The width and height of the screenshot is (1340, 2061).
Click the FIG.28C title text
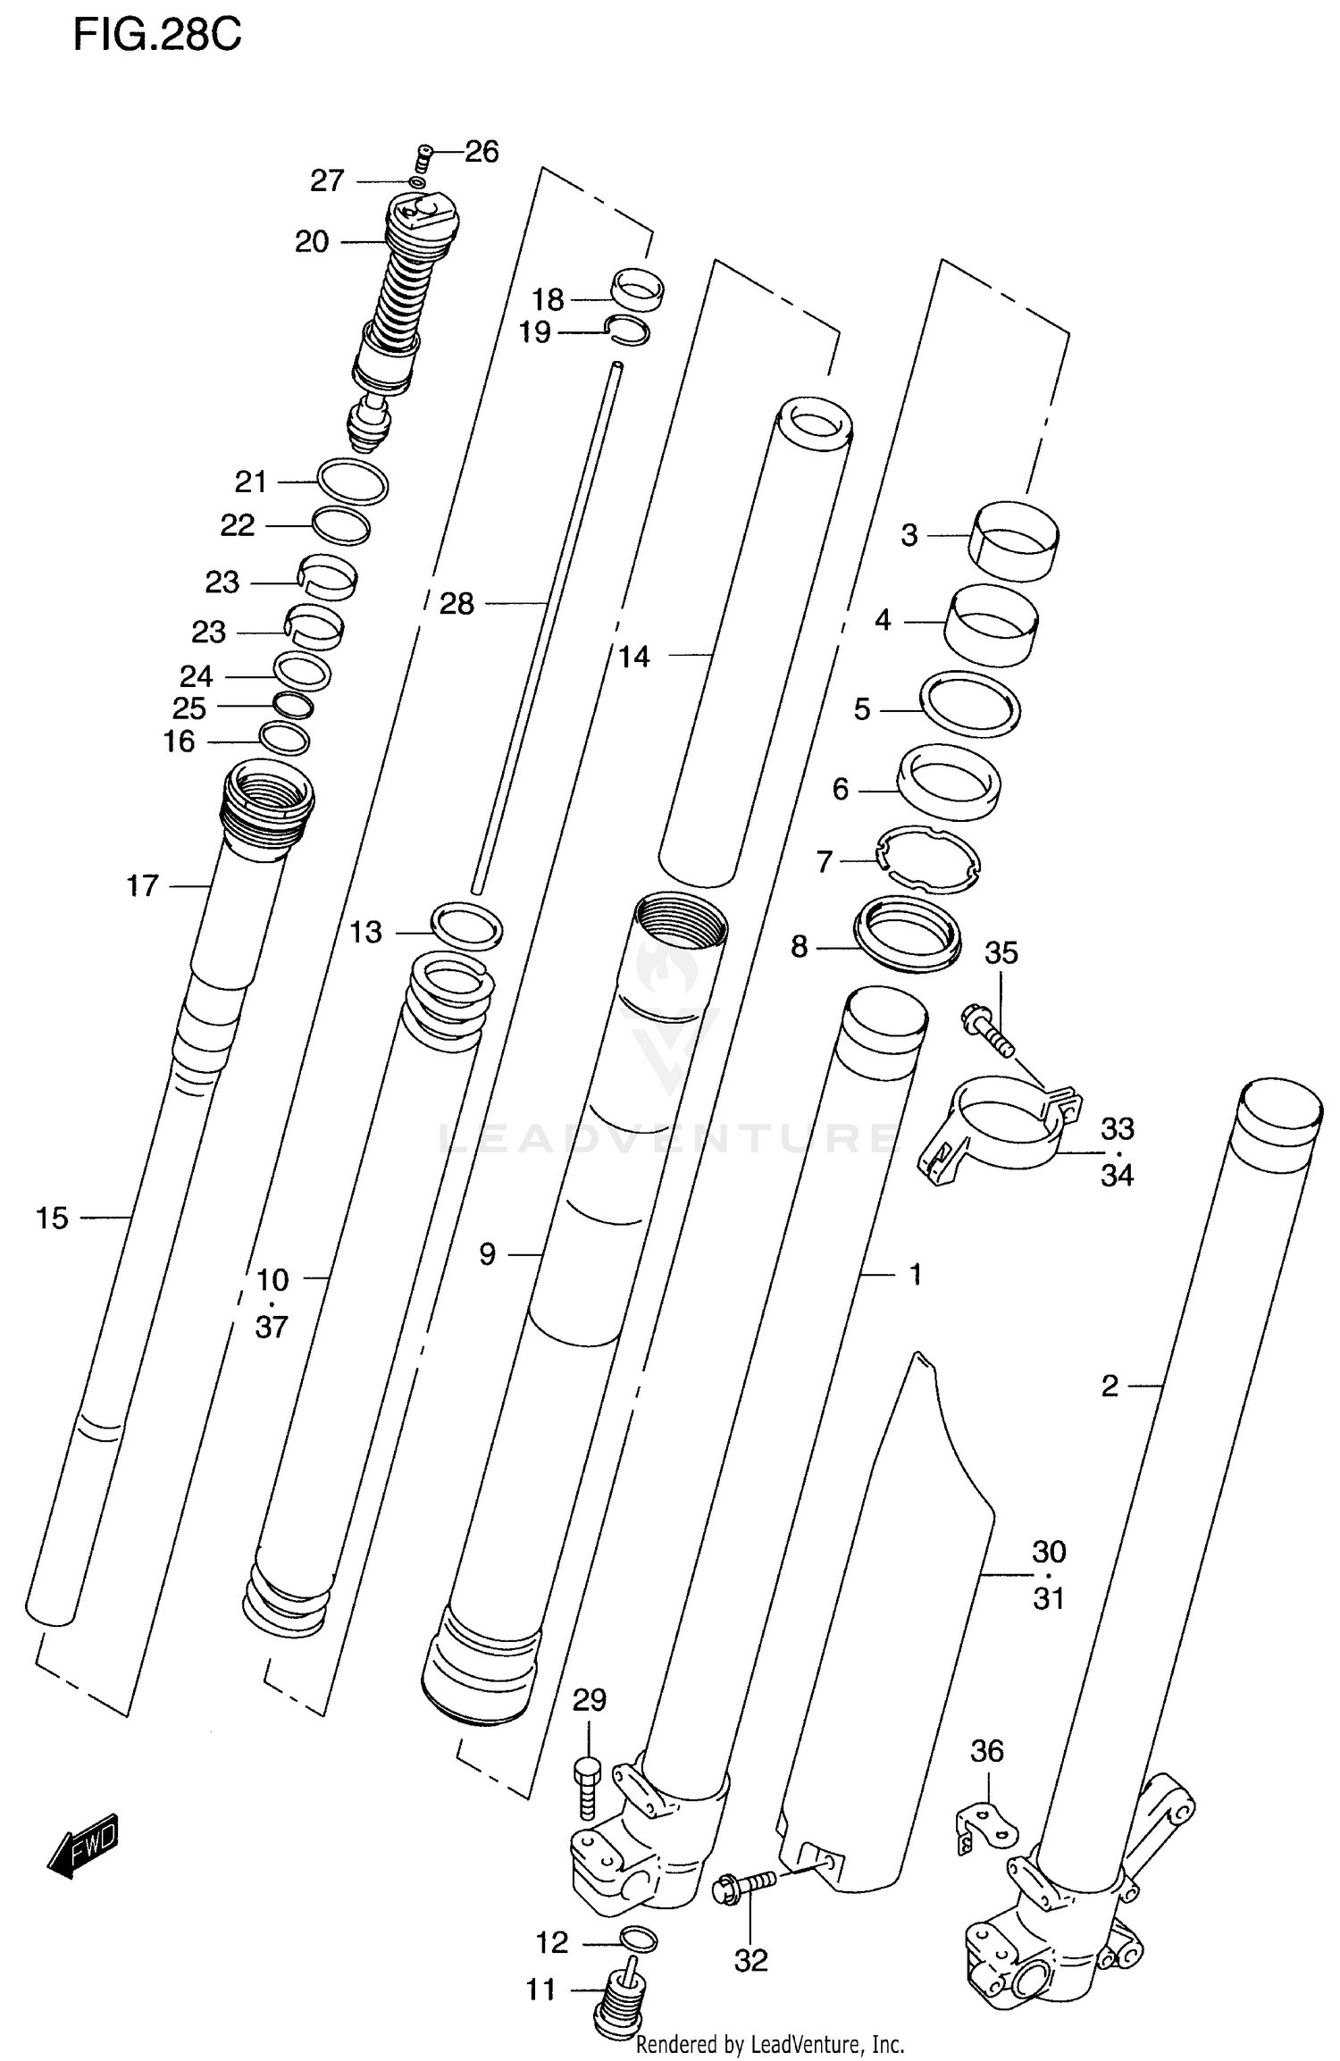click(x=157, y=36)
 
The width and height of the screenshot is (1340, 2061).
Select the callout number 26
click(x=482, y=152)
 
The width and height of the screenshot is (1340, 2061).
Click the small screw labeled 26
click(x=424, y=161)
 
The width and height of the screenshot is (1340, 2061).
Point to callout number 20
click(x=312, y=241)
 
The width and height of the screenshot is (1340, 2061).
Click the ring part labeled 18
click(x=638, y=289)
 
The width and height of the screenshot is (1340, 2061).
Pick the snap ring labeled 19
click(x=628, y=330)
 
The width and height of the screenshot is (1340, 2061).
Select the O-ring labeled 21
click(x=353, y=482)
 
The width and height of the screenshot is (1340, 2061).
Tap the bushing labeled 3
click(x=1014, y=540)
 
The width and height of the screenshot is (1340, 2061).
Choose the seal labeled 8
click(x=908, y=934)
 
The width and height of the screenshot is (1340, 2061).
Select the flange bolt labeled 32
click(x=743, y=1884)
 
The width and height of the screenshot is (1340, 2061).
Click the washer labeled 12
click(x=638, y=1940)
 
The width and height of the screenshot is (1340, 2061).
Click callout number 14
click(x=634, y=658)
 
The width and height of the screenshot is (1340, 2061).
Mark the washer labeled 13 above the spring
click(x=466, y=925)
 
